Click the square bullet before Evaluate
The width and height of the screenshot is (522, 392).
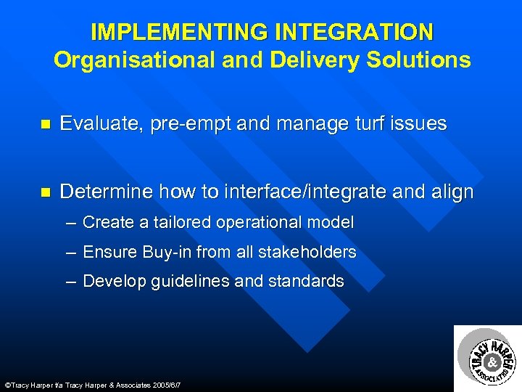pyautogui.click(x=46, y=125)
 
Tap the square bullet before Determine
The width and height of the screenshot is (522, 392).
pyautogui.click(x=46, y=193)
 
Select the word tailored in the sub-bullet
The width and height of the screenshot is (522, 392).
pyautogui.click(x=176, y=223)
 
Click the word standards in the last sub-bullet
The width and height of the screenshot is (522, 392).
pyautogui.click(x=308, y=282)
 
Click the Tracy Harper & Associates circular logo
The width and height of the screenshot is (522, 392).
pyautogui.click(x=487, y=358)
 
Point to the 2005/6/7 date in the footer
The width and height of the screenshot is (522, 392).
pyautogui.click(x=164, y=385)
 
